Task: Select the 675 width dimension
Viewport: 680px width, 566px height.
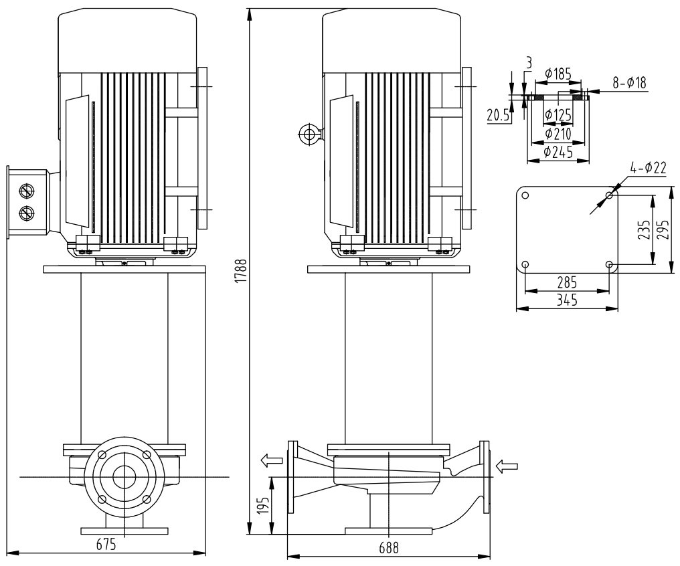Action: click(105, 545)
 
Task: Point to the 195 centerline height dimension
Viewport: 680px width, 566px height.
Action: click(264, 506)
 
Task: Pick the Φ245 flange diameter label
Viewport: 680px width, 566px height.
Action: click(558, 152)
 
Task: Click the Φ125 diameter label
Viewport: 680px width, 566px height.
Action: click(558, 116)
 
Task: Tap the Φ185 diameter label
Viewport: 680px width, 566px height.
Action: click(558, 74)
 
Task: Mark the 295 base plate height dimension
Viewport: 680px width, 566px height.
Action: click(663, 230)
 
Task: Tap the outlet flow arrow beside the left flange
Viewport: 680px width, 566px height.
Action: click(271, 460)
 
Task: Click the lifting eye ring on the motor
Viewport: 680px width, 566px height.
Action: click(309, 134)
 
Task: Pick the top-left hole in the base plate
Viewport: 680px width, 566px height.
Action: click(525, 196)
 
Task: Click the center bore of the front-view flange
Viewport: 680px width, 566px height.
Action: click(123, 477)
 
